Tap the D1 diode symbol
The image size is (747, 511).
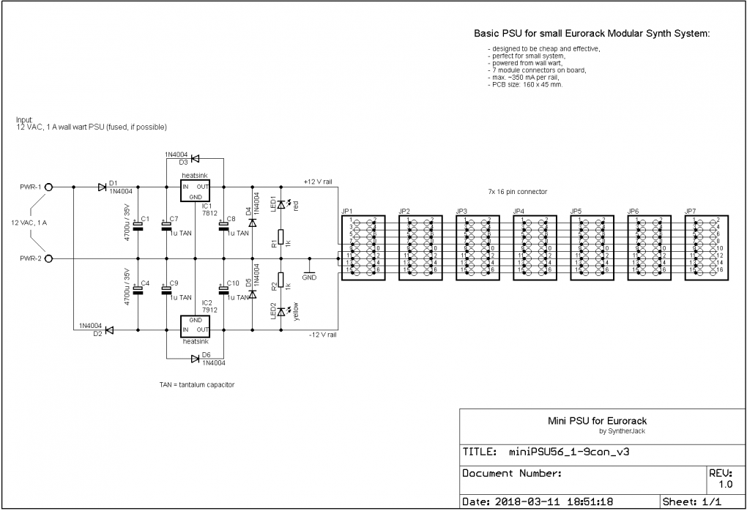point(101,187)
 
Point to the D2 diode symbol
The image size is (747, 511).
point(108,330)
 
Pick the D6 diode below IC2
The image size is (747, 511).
point(195,359)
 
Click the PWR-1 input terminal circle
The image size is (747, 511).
point(48,187)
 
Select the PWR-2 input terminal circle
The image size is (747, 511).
point(48,258)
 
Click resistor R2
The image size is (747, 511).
point(280,280)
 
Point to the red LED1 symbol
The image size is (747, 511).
point(280,206)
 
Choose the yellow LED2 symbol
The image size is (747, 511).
point(280,312)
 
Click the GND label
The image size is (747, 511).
point(309,277)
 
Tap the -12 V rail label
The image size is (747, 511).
point(322,336)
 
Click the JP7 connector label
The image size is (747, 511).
point(690,211)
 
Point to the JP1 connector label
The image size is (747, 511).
point(346,211)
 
